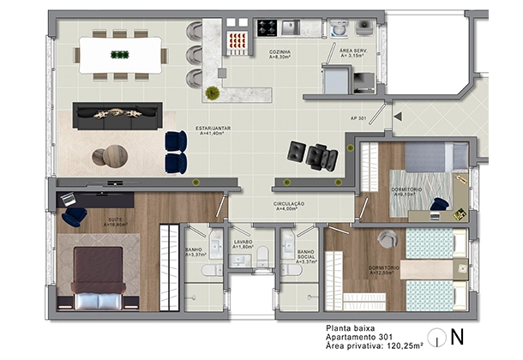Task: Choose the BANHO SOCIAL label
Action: click(x=306, y=255)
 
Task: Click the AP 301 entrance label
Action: click(x=359, y=118)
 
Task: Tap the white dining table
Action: click(x=120, y=55)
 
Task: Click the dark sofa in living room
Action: click(x=117, y=116)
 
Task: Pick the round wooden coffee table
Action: click(x=110, y=156)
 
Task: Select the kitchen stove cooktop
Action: click(x=267, y=27)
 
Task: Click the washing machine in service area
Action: click(x=340, y=28)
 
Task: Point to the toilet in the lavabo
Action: click(x=263, y=254)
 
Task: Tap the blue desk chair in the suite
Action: click(x=74, y=216)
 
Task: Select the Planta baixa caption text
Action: click(x=349, y=327)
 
